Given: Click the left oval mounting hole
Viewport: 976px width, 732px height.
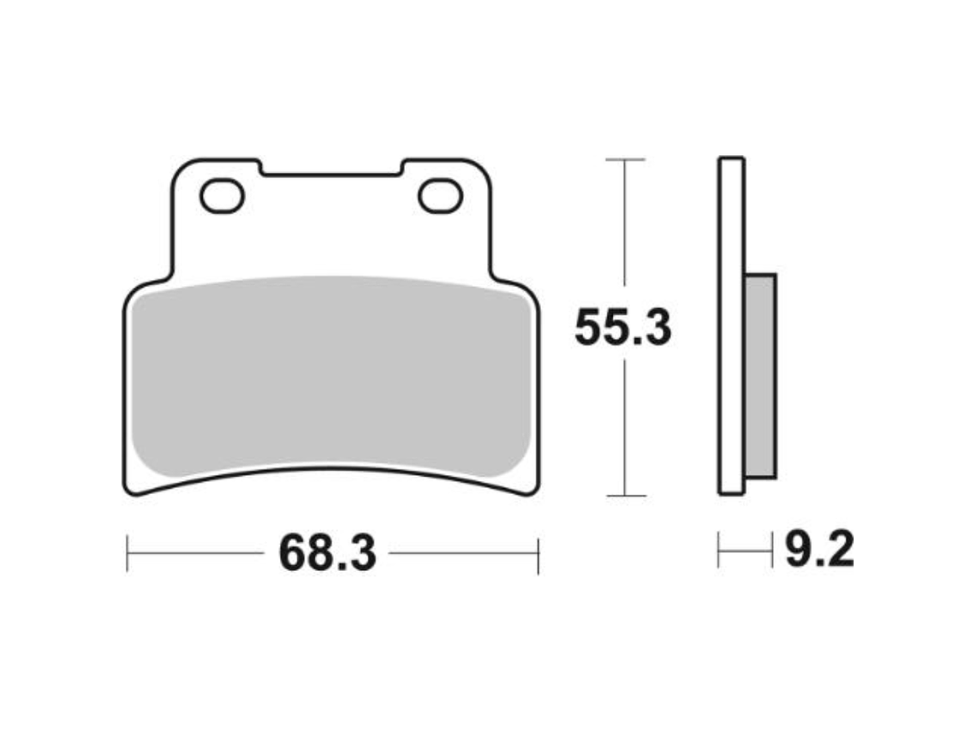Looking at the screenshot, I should tap(222, 196).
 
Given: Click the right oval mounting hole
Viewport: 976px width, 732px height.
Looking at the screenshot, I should tap(440, 196).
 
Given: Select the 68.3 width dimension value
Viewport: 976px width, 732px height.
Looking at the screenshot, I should tap(327, 555).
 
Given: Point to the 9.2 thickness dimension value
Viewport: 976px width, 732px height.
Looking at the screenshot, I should tap(818, 550).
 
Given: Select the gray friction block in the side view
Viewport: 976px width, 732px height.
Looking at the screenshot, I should tap(760, 375).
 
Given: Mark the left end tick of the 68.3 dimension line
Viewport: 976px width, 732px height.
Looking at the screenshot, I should tap(128, 554).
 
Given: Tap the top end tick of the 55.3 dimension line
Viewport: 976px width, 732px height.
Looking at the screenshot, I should tap(625, 159).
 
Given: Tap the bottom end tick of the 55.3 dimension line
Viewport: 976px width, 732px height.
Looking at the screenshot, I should tap(625, 496).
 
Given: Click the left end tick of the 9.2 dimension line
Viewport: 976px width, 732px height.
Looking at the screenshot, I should tap(719, 550).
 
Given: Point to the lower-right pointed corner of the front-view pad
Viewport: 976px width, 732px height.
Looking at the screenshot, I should tap(534, 491).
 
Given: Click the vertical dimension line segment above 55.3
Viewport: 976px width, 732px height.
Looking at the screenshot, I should tap(625, 223).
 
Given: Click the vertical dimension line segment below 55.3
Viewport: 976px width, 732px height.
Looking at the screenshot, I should tap(625, 428).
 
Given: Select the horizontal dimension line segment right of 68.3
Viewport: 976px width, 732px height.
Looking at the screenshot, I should tap(462, 554).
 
